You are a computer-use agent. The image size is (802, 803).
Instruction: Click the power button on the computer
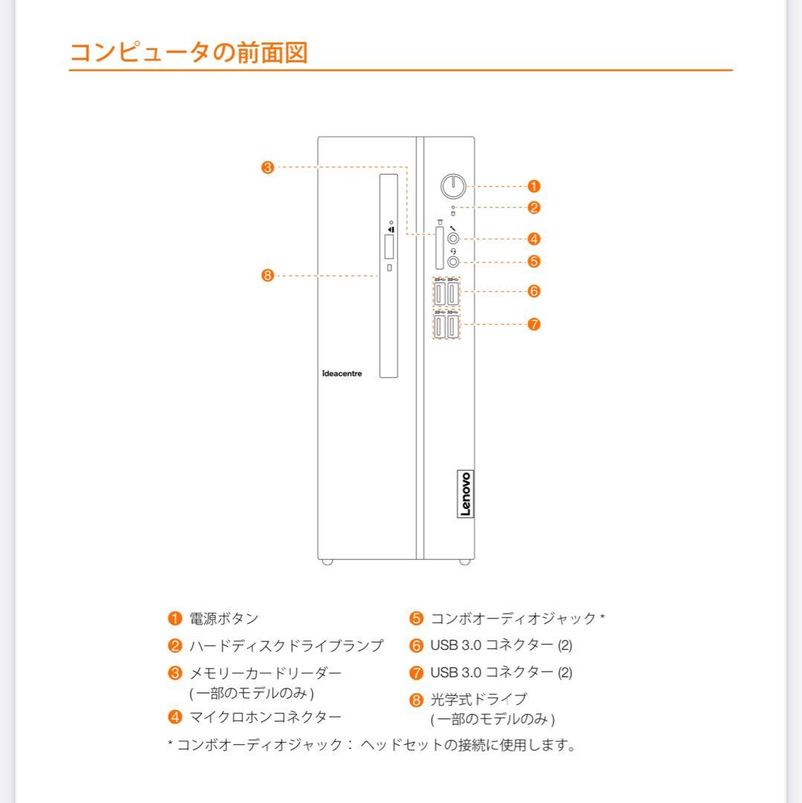point(453,186)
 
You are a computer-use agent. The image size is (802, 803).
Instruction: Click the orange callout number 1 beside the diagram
point(533,186)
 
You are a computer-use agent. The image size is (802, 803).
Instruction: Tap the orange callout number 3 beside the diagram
point(267,167)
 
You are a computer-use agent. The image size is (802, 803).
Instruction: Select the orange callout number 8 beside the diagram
point(267,276)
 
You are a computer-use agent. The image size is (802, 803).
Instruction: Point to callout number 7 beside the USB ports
point(533,324)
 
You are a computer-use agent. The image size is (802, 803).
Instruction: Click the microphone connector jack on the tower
point(454,239)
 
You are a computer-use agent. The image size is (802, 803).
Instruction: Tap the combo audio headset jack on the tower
point(454,261)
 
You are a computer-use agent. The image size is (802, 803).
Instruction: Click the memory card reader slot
point(440,248)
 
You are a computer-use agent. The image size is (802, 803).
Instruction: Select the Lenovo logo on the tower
point(465,494)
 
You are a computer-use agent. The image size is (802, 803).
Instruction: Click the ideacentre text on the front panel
point(343,373)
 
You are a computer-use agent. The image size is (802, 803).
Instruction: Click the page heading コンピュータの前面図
point(188,53)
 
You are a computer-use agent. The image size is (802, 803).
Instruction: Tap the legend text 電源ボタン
point(224,619)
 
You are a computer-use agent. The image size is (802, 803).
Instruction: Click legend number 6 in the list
point(416,645)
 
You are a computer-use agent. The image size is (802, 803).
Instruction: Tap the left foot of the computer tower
point(327,563)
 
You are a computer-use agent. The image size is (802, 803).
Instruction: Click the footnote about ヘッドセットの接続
point(372,745)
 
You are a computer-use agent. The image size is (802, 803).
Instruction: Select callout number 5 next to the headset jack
point(533,261)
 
